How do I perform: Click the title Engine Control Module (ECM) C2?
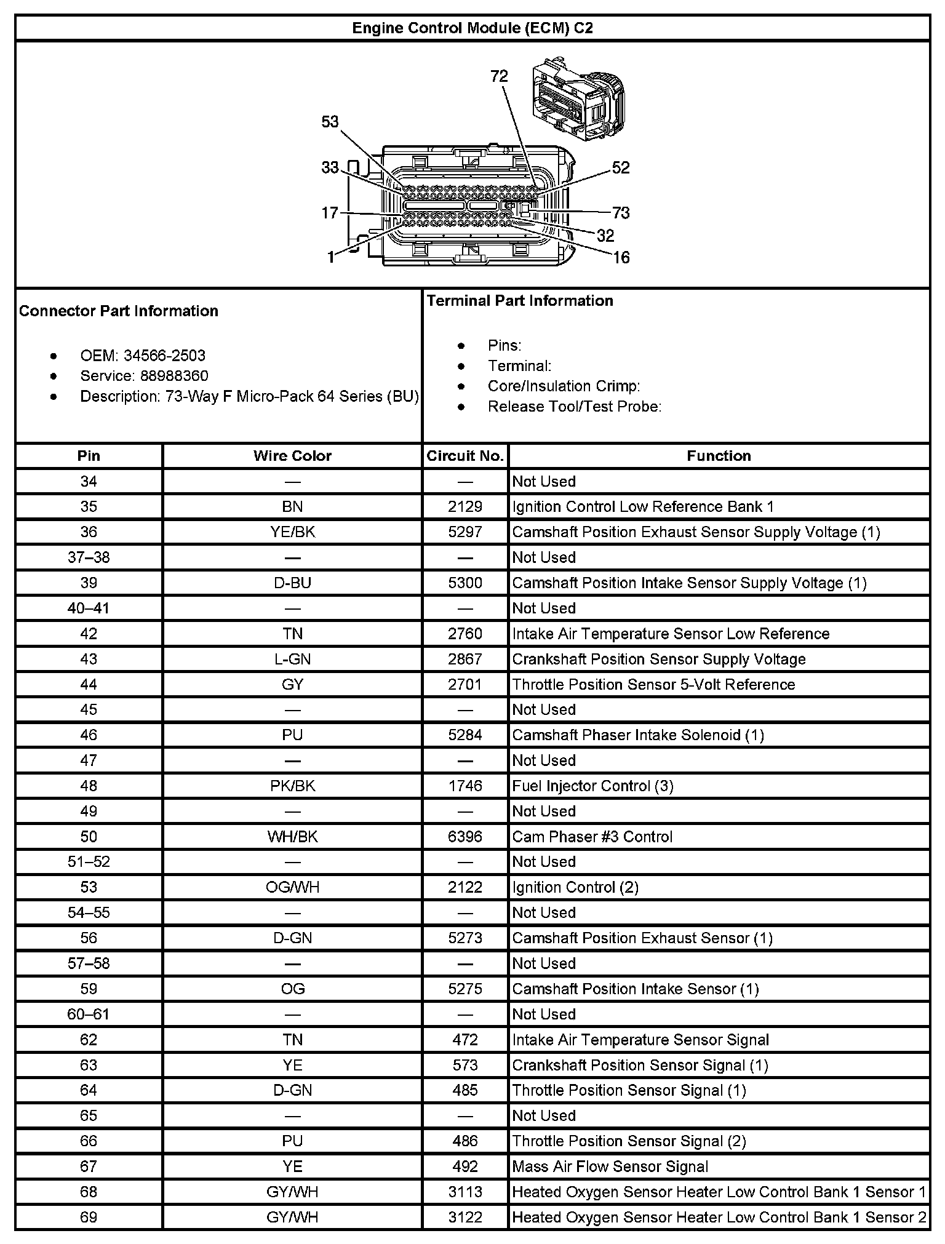click(x=472, y=28)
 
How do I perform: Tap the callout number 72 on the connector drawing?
click(x=499, y=76)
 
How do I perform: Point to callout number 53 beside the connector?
click(x=330, y=122)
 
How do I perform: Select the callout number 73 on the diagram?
click(x=621, y=213)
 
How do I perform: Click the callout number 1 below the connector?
click(x=331, y=257)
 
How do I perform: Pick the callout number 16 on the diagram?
click(x=621, y=257)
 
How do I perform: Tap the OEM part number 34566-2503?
click(x=164, y=356)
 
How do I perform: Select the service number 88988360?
click(x=165, y=376)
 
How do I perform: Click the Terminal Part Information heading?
click(x=520, y=301)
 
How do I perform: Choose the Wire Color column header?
click(x=292, y=456)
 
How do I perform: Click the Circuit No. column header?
click(x=465, y=456)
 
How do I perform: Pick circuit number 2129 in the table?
click(x=465, y=506)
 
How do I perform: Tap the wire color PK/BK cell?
click(x=292, y=786)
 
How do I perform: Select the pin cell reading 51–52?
click(x=89, y=861)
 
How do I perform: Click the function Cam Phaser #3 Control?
click(x=592, y=836)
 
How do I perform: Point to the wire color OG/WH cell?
click(x=292, y=887)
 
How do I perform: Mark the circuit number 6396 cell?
click(x=465, y=836)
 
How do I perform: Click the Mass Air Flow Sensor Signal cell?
click(x=610, y=1166)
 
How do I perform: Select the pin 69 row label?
click(x=89, y=1217)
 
